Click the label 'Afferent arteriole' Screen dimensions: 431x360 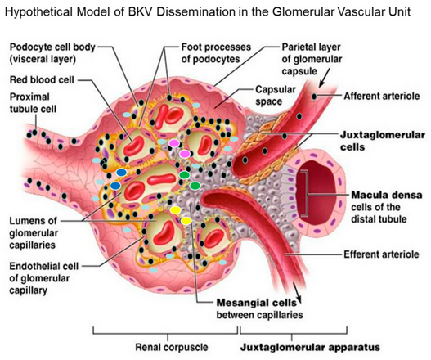pos(382,97)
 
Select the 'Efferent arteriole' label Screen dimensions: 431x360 pos(381,254)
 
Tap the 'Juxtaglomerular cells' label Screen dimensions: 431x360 pos(383,141)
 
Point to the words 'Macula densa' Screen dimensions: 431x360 pos(387,195)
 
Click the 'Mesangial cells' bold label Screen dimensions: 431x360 pos(257,303)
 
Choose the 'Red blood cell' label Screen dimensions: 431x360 pos(42,80)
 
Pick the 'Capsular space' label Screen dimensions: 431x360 pos(272,96)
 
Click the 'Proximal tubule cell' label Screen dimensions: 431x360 pos(33,103)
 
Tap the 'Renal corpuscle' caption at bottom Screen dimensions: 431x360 pos(171,347)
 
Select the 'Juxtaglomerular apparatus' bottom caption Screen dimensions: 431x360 pos(310,347)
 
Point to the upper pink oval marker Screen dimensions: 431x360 pos(174,143)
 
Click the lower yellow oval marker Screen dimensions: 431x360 pos(186,221)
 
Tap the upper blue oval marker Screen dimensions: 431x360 pos(121,173)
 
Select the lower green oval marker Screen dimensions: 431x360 pos(195,186)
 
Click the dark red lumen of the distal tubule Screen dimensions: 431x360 pos(316,192)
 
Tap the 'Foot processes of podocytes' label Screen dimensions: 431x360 pos(216,53)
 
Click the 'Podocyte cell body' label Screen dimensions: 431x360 pos(52,47)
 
